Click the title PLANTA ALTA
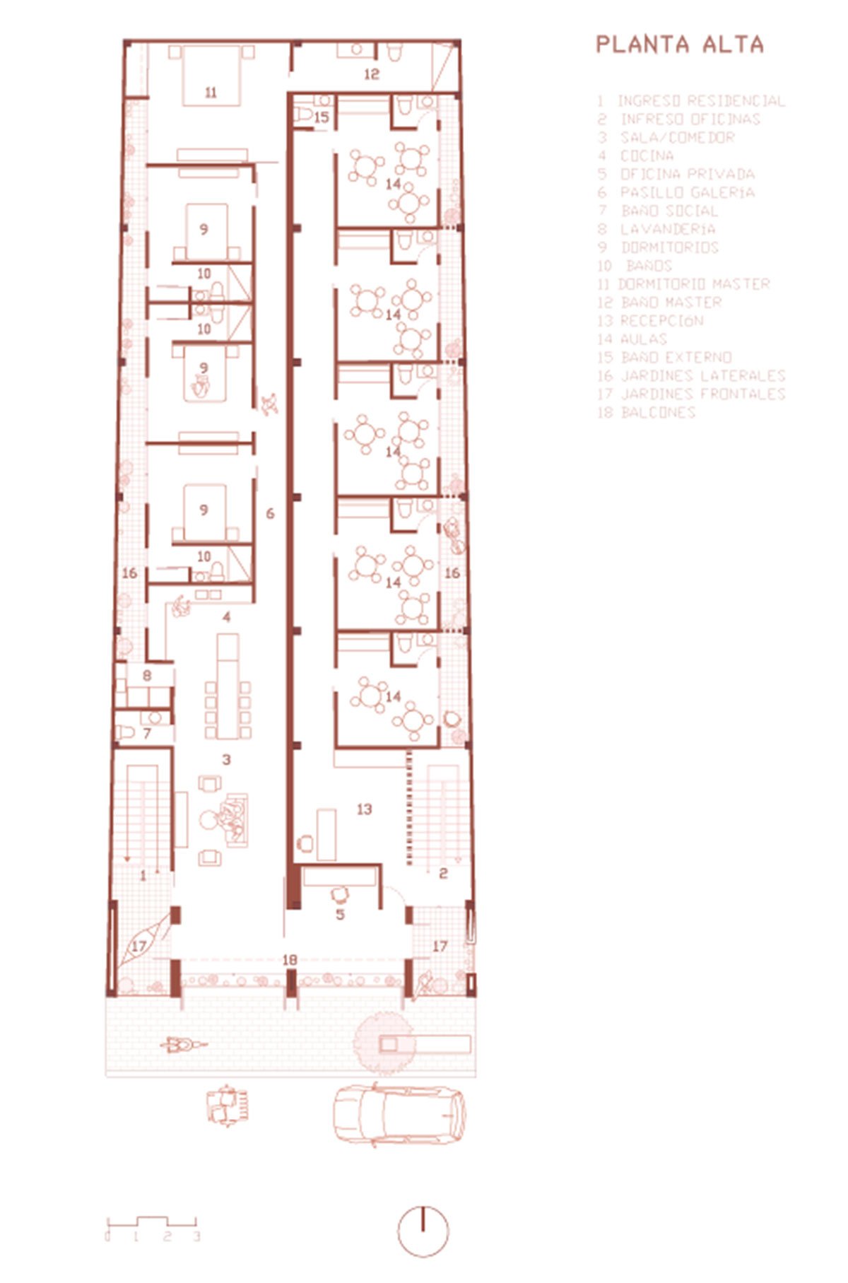click(680, 45)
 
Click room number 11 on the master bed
click(210, 92)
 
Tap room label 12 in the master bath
click(372, 74)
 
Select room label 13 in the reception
click(364, 809)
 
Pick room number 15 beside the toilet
click(322, 117)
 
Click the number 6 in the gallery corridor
click(270, 513)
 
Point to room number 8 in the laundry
click(147, 675)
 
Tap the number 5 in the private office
click(340, 915)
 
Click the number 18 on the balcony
click(289, 960)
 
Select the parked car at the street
click(399, 1115)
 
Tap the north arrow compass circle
click(423, 1231)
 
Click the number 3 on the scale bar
click(196, 1236)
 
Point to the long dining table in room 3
click(228, 686)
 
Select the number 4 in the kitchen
click(226, 617)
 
